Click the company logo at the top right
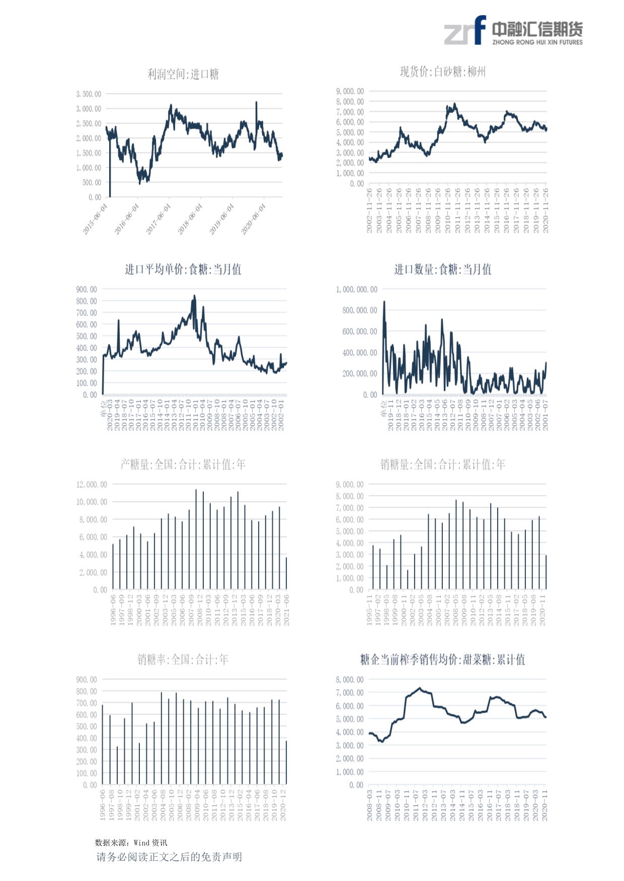(513, 31)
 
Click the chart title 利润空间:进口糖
(183, 74)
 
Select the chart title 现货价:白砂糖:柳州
(442, 72)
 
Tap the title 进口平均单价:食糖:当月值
(183, 269)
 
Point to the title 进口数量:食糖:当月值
(442, 269)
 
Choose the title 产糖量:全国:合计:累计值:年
(183, 464)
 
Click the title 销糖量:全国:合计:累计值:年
(442, 464)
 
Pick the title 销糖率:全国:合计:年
(183, 659)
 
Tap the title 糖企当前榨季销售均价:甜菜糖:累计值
(442, 659)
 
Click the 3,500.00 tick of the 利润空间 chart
(89, 94)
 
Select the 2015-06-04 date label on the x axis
(95, 219)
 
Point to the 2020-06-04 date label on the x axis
(253, 219)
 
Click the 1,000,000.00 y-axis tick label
(356, 289)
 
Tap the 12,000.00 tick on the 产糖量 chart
(92, 484)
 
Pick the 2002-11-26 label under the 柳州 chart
(369, 210)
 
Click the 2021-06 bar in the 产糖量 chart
(286, 573)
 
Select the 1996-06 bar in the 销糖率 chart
(103, 744)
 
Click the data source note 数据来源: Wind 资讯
(131, 843)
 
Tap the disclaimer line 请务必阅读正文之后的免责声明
(169, 857)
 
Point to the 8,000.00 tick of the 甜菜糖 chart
(350, 679)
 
